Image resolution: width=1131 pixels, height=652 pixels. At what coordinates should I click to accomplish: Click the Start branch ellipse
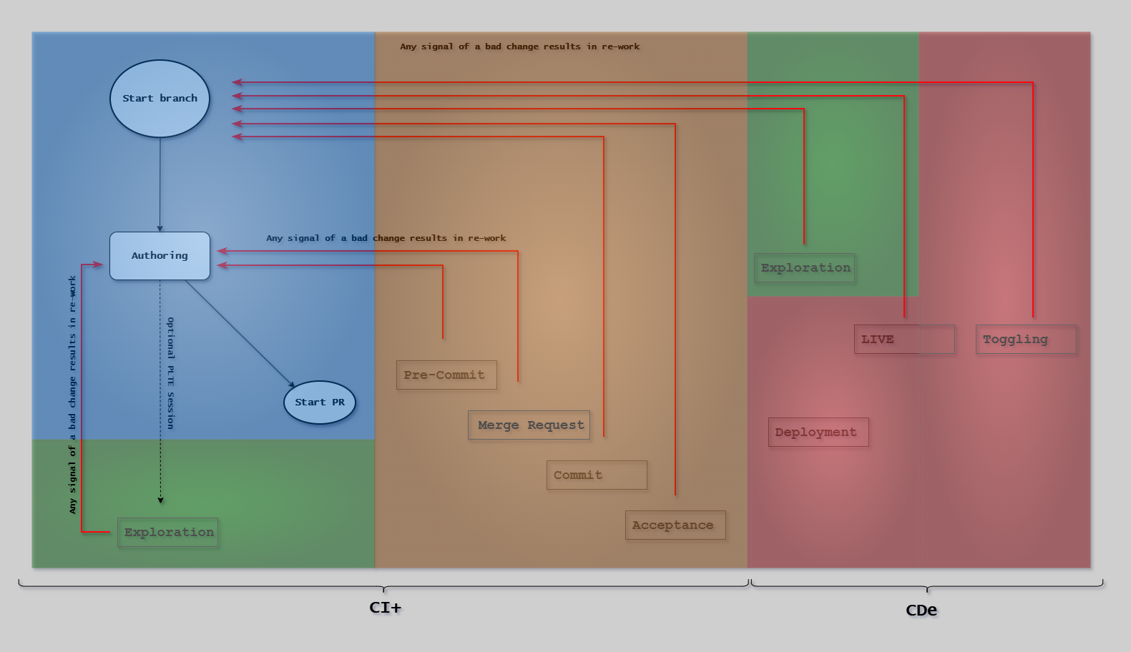pos(160,99)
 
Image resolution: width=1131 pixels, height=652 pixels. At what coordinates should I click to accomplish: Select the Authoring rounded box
pos(160,256)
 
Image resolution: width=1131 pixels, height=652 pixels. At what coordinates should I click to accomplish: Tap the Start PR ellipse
pos(320,402)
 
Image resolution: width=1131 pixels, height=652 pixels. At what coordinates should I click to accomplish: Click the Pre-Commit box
pos(446,375)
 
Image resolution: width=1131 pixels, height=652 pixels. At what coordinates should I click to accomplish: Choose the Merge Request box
pos(529,425)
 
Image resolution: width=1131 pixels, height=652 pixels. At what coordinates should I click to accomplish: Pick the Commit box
pos(597,475)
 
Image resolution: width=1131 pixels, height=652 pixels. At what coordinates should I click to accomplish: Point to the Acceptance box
pos(675,525)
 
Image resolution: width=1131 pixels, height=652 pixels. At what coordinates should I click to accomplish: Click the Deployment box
pos(818,433)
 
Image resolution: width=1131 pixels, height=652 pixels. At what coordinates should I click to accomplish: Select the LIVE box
pos(904,340)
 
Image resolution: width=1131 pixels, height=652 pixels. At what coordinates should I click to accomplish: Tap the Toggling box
pos(1026,340)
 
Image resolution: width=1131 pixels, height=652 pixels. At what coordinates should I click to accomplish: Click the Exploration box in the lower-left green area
pos(168,533)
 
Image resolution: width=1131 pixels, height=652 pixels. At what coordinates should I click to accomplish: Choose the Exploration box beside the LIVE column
pos(805,268)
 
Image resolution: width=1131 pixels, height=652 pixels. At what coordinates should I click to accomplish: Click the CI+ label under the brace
pos(385,608)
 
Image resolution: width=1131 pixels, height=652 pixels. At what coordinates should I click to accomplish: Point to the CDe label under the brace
pos(921,611)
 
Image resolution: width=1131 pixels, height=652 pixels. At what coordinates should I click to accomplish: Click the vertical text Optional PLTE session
pos(170,373)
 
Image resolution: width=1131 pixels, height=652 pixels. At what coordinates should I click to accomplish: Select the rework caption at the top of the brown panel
pos(519,46)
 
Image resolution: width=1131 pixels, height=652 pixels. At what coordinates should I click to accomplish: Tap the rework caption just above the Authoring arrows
pos(386,238)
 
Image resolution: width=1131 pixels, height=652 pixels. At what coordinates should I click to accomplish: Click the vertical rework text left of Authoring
pos(72,395)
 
